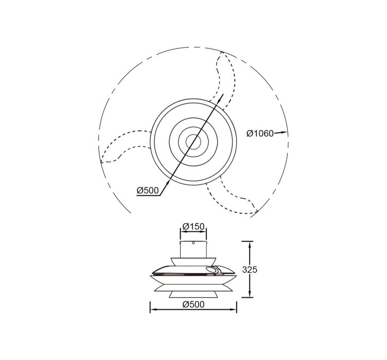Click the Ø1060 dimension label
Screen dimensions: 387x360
coord(260,133)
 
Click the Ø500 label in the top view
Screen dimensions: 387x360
coord(148,190)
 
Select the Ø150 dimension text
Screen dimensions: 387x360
coord(193,226)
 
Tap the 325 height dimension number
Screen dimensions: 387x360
coord(250,270)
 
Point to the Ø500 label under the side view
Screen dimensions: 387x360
coord(193,304)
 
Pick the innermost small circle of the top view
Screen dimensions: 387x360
coord(193,142)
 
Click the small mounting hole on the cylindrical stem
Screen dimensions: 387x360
coord(193,243)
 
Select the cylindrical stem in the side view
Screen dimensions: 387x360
coord(193,249)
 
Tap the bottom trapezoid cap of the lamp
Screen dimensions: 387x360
coord(193,294)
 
